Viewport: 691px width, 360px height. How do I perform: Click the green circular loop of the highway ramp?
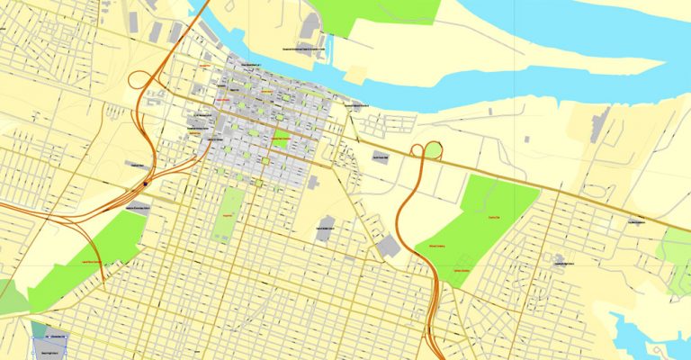click(x=433, y=149)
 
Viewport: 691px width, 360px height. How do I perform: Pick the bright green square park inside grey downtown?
click(x=280, y=140)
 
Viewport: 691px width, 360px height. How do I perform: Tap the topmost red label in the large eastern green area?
click(x=492, y=218)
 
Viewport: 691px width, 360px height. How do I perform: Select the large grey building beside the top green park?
click(x=311, y=28)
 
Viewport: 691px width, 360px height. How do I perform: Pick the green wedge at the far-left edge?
click(x=9, y=297)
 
